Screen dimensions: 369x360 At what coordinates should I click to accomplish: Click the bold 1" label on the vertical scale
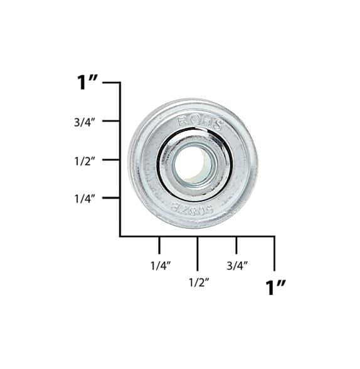tap(87, 83)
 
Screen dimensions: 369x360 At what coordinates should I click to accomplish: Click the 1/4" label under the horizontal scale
tap(160, 265)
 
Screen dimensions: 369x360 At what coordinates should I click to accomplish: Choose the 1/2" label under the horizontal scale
tap(198, 282)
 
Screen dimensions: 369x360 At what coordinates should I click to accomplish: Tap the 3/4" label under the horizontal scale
tap(237, 265)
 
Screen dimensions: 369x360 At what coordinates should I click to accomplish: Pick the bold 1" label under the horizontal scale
tap(275, 288)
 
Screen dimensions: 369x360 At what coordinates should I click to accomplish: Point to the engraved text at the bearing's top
tap(200, 122)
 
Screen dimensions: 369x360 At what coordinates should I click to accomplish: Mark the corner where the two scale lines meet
tap(120, 236)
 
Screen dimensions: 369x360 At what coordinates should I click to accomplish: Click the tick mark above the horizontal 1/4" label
tap(159, 244)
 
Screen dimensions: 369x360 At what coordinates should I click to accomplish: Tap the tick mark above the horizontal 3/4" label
tap(236, 244)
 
